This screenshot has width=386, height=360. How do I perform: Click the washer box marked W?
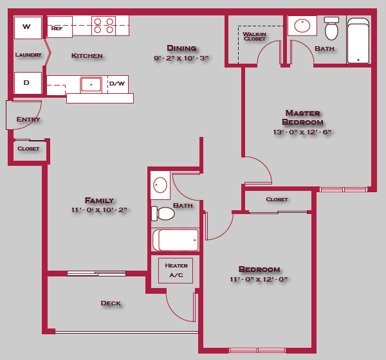pyautogui.click(x=28, y=27)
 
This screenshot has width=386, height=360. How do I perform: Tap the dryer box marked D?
pyautogui.click(x=28, y=83)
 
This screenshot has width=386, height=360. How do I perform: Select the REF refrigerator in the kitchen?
pyautogui.click(x=59, y=27)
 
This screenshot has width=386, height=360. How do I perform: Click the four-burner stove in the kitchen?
pyautogui.click(x=104, y=25)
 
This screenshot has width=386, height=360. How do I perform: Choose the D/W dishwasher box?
pyautogui.click(x=118, y=84)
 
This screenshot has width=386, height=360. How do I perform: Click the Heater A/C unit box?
pyautogui.click(x=176, y=270)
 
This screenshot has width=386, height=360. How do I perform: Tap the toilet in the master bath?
pyautogui.click(x=331, y=29)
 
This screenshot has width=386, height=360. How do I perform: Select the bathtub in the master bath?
pyautogui.click(x=358, y=40)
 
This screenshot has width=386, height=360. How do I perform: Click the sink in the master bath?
pyautogui.click(x=302, y=26)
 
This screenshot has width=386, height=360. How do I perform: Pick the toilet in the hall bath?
pyautogui.click(x=163, y=213)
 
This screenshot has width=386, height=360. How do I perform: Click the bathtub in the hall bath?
pyautogui.click(x=176, y=240)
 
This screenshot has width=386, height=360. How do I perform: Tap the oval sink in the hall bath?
pyautogui.click(x=160, y=186)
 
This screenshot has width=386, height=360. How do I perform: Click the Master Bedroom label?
pyautogui.click(x=303, y=118)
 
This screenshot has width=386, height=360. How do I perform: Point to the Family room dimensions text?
pyautogui.click(x=100, y=210)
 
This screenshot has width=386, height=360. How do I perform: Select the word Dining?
pyautogui.click(x=181, y=48)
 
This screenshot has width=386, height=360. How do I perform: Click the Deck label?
pyautogui.click(x=111, y=303)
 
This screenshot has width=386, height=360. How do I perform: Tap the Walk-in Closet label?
pyautogui.click(x=255, y=36)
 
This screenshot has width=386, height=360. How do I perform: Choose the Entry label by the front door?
pyautogui.click(x=28, y=120)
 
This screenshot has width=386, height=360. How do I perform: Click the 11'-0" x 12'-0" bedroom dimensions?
pyautogui.click(x=259, y=280)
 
